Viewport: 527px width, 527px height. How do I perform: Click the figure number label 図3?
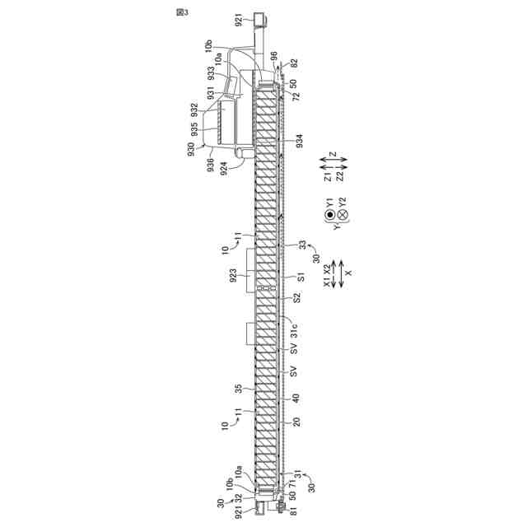point(183,12)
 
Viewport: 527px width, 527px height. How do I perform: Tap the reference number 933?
point(211,74)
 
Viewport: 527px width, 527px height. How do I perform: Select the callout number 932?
point(194,110)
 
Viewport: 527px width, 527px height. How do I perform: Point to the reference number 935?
point(194,129)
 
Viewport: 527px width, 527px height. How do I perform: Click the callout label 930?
point(190,149)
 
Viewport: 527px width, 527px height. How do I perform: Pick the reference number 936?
point(211,165)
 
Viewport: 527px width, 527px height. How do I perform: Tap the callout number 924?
point(224,169)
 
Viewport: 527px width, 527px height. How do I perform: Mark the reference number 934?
point(300,141)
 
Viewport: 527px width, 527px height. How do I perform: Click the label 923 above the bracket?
point(233,276)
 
